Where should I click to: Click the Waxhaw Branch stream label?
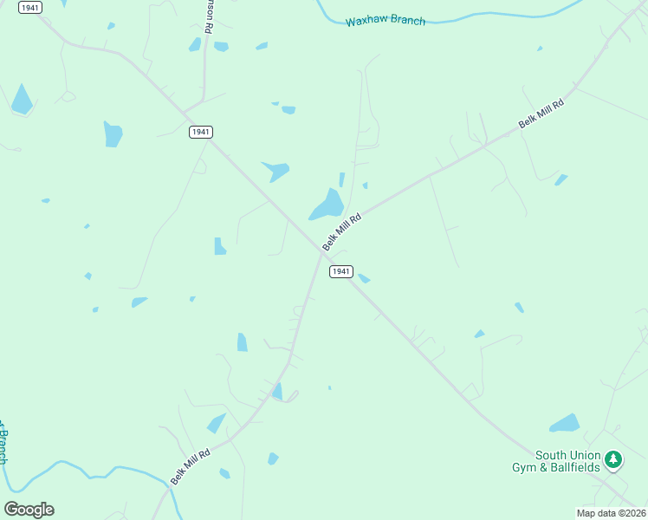coord(385,20)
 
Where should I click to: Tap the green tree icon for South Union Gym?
coord(613,458)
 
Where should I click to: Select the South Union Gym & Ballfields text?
coord(567,461)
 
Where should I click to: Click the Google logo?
coord(29,509)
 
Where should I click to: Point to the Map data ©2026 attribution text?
coord(612,513)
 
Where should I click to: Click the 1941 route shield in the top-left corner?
coord(30,7)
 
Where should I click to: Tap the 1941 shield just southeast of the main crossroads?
coord(340,271)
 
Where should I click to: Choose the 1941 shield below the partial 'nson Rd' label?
coord(201,132)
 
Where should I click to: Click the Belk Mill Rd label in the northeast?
coord(541,114)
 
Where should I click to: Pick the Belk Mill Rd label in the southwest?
coord(191,466)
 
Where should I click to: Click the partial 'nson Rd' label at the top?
coord(208,16)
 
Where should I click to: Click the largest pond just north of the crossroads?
coord(327,205)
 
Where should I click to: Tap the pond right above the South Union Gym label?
coord(565,424)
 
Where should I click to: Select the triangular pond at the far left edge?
coord(21,100)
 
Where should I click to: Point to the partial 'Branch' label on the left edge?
coord(3,444)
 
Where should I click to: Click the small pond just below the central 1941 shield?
coord(364,278)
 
